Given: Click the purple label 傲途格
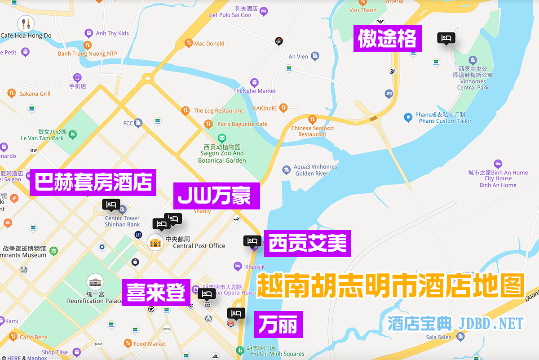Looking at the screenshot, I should (387, 39).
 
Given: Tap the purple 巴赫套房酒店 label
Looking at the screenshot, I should (93, 182).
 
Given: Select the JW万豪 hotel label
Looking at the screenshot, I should (216, 196).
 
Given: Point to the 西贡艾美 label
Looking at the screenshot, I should (307, 244).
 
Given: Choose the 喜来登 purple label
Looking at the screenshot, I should (156, 292).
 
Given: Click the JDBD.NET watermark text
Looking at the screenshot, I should (491, 324).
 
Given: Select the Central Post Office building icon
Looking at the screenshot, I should (155, 243).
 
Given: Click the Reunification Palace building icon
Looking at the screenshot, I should (95, 282).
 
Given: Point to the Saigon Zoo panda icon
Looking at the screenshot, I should (221, 138).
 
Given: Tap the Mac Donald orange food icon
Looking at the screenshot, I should (189, 43).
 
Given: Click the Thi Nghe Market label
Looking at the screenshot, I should (255, 91).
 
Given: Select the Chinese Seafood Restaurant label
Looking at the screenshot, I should (313, 131).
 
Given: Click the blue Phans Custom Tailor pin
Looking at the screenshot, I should (408, 117).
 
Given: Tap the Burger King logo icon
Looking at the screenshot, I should (230, 324).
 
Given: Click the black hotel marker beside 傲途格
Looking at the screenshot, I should (446, 38).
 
